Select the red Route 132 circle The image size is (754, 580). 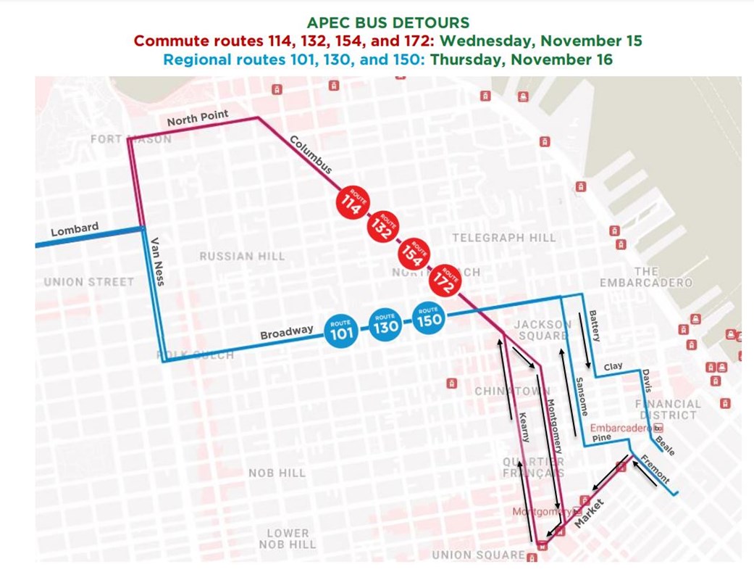click(383, 229)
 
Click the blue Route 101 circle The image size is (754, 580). click(341, 331)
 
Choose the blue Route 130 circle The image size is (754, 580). click(385, 324)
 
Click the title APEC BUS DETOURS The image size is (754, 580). click(377, 22)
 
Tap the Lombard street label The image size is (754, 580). click(75, 231)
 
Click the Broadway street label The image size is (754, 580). click(286, 333)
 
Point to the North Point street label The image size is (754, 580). click(198, 117)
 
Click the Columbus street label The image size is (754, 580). click(311, 154)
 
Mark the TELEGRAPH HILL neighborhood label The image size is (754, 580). click(504, 238)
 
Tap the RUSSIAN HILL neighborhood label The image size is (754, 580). click(242, 256)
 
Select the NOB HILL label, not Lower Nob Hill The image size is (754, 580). click(277, 473)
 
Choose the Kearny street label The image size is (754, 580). click(524, 426)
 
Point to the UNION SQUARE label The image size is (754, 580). click(477, 555)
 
